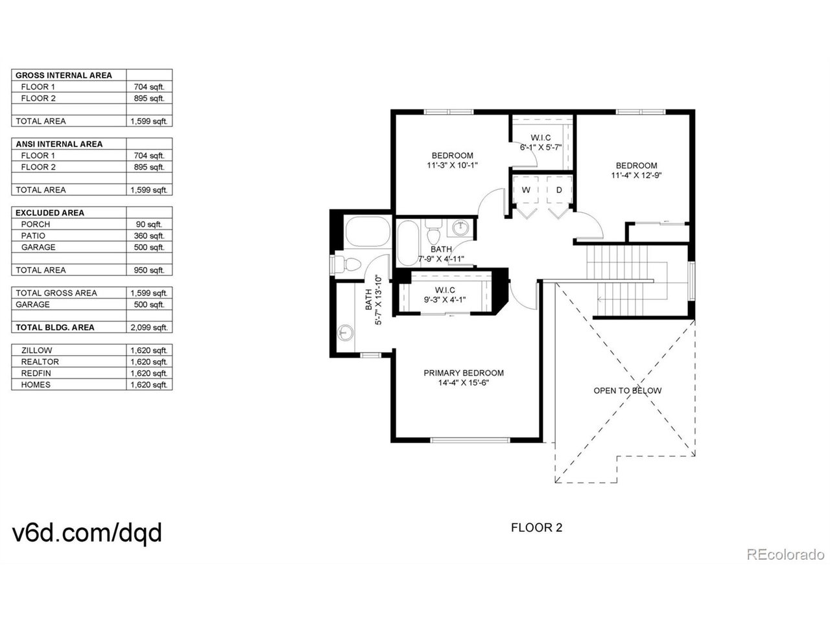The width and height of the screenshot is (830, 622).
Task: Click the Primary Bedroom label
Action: [x=463, y=373]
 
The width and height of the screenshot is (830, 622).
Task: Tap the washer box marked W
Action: [x=526, y=190]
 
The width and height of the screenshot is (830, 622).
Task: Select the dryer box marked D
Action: [x=558, y=190]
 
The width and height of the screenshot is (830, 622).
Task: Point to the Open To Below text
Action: [x=627, y=391]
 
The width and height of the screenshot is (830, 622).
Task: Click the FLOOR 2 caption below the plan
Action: [x=536, y=527]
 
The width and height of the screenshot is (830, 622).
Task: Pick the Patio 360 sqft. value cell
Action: [x=149, y=236]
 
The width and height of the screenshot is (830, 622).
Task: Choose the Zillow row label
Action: [x=36, y=351]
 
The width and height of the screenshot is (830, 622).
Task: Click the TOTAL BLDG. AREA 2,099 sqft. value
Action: [x=149, y=327]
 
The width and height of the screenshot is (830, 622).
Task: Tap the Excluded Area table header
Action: [x=50, y=213]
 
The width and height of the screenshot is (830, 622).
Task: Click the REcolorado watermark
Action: [x=785, y=555]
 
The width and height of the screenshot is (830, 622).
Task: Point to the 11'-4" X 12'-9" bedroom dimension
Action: [x=635, y=175]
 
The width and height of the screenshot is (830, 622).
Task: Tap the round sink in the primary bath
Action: [x=345, y=333]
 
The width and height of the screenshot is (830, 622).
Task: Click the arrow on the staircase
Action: [x=600, y=299]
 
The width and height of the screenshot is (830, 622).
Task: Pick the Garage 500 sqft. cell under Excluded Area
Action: [x=149, y=248]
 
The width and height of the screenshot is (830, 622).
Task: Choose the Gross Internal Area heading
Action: [x=64, y=75]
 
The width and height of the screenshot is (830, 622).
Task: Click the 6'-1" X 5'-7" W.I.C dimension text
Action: [x=540, y=147]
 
